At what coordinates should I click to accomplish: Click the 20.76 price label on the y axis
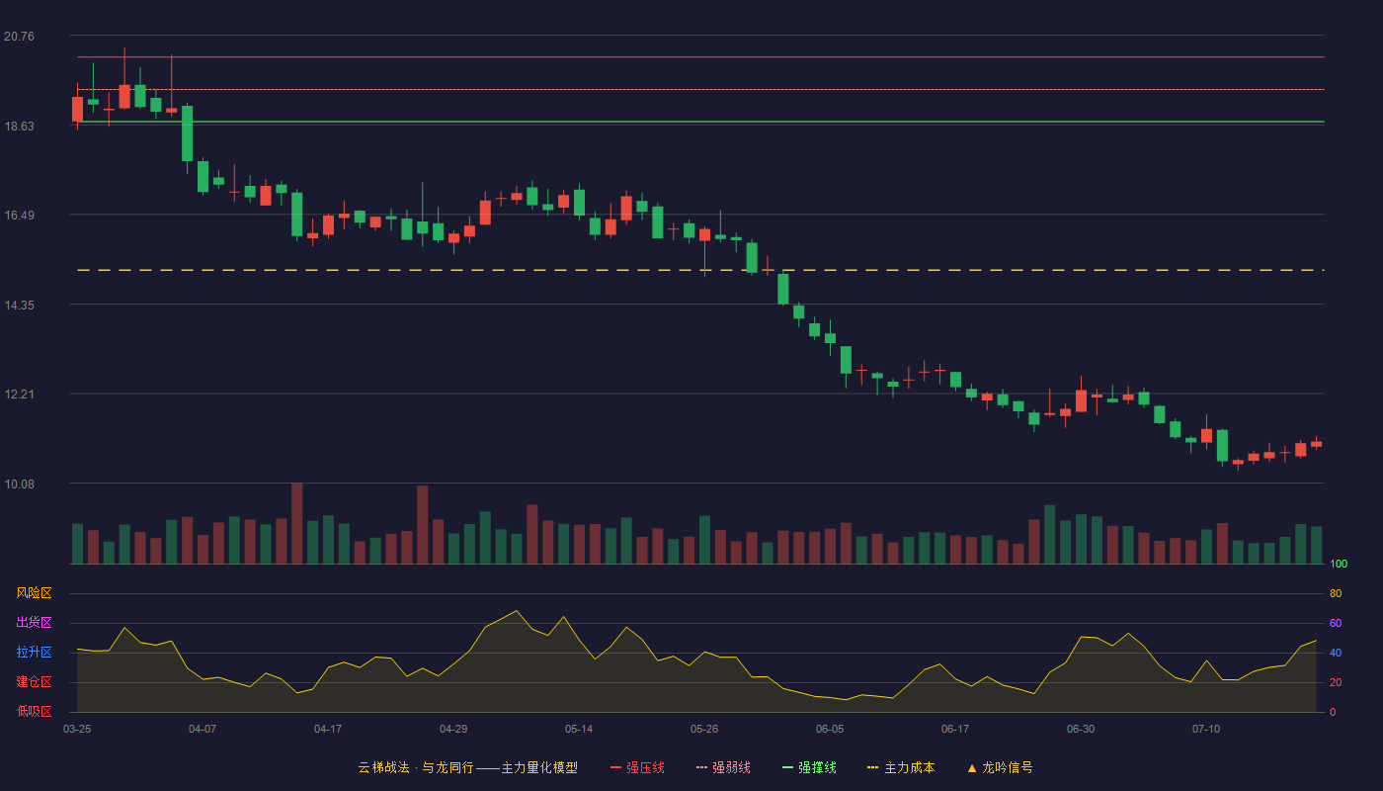(19, 37)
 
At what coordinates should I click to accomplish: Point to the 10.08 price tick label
(19, 483)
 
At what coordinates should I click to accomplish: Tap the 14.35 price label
(19, 306)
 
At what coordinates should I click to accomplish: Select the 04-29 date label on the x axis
(453, 730)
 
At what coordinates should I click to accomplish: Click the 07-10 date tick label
(1206, 730)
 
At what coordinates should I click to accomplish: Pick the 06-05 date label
(829, 730)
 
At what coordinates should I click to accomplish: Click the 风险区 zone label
(34, 593)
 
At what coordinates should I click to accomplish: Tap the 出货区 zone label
(34, 622)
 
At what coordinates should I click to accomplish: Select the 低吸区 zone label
(34, 711)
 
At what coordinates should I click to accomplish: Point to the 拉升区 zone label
(34, 652)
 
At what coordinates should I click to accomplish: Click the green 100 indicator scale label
(1339, 564)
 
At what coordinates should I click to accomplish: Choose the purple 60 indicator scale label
(1336, 623)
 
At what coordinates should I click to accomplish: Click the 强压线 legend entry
(637, 767)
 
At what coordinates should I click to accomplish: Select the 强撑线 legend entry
(809, 767)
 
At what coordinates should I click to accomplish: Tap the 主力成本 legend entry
(901, 767)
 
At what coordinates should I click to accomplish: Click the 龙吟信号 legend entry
(1000, 767)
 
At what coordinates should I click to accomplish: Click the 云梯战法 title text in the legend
(384, 767)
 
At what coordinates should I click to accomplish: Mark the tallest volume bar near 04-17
(297, 523)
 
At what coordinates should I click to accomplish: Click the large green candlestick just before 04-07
(187, 133)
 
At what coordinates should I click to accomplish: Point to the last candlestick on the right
(1316, 444)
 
